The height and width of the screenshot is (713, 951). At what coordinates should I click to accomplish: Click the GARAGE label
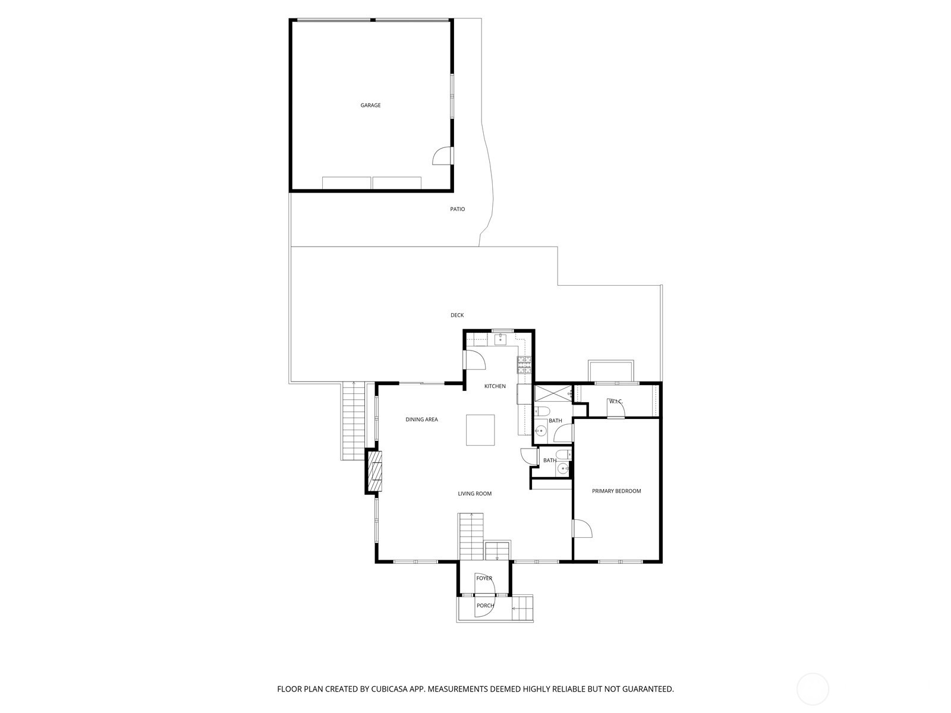tap(370, 105)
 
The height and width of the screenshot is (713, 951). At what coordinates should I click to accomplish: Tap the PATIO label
tap(457, 209)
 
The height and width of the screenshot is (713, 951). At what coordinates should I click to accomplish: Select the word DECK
tap(456, 315)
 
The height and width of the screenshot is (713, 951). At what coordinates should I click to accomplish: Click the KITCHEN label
tap(495, 386)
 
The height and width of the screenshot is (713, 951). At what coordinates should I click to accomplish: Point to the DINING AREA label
tap(421, 419)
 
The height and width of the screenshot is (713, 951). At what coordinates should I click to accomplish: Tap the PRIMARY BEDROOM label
tap(616, 491)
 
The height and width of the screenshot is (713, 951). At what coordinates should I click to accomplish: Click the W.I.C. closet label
tap(615, 402)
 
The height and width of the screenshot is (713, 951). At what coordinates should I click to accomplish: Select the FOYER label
tap(484, 578)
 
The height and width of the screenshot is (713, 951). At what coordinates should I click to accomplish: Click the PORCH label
tap(484, 605)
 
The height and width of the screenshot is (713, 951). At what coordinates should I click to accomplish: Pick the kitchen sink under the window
tap(500, 340)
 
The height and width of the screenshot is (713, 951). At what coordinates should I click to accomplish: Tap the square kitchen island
tap(480, 430)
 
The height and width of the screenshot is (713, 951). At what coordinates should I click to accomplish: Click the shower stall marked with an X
tap(552, 394)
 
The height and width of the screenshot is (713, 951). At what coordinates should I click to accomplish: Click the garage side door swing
tap(441, 156)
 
